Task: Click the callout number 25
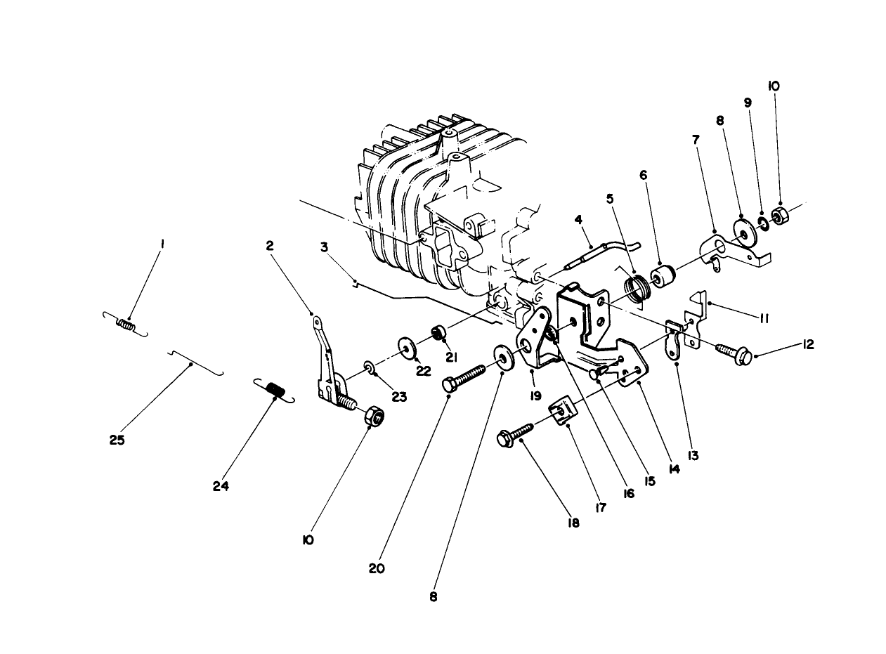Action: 117,440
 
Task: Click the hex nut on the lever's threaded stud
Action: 376,417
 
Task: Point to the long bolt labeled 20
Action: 464,377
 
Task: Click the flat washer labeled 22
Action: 407,347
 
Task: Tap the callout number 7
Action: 696,140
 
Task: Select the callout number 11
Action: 764,318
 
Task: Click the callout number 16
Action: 627,494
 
